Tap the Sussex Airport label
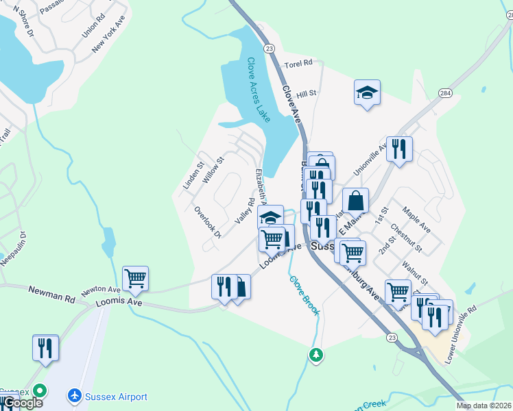coord(116,397)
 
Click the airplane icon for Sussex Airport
coord(75,396)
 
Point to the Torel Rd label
coord(298,63)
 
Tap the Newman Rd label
coord(51,295)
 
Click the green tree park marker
coord(316,355)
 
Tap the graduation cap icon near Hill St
coord(367,92)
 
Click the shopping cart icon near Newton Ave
coord(135,278)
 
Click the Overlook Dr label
coord(207,223)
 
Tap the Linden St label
coord(191,175)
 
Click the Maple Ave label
coord(416,219)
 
